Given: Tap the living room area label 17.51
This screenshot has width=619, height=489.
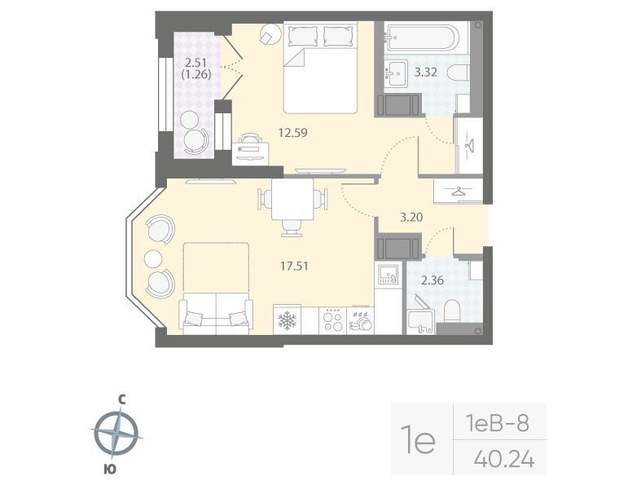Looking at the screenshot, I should [293, 265].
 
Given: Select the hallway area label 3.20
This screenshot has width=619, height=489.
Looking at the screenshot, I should [411, 218].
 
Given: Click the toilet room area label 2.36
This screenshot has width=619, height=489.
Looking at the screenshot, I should [432, 282].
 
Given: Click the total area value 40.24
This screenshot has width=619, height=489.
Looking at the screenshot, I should [503, 460].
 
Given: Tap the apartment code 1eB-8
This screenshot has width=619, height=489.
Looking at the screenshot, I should [497, 423].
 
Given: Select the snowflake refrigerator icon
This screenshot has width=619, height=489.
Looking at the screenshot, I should [287, 319].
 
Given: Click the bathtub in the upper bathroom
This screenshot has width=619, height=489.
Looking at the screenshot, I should [423, 37].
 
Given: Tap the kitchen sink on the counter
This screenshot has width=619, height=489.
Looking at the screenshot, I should [387, 275].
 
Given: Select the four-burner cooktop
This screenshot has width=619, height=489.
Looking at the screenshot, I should [332, 319].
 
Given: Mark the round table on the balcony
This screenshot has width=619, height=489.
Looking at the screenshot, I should [195, 140].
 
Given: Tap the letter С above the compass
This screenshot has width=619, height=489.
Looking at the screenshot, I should [121, 399].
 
